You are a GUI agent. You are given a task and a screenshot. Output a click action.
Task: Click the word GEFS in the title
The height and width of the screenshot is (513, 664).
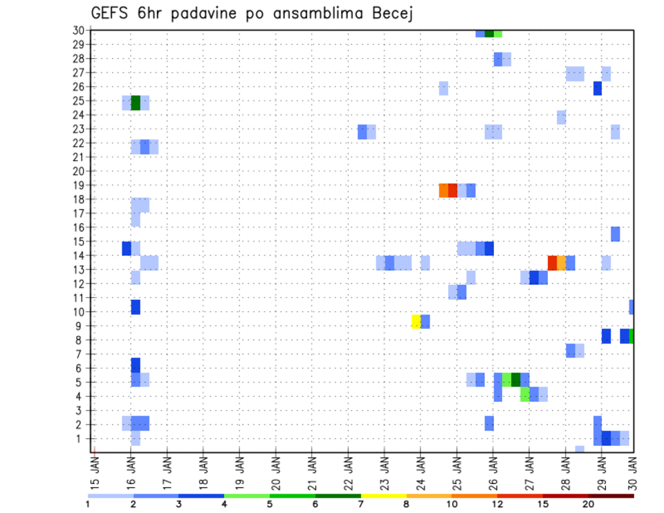point(111,13)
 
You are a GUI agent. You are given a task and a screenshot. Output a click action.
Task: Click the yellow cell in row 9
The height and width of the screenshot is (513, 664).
point(416,321)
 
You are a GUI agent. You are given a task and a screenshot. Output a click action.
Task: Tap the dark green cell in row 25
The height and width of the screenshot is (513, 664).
point(136,103)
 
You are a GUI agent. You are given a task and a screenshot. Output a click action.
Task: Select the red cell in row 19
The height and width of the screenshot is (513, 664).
point(452,190)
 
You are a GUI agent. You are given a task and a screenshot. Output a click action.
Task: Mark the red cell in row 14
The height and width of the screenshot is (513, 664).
point(552,263)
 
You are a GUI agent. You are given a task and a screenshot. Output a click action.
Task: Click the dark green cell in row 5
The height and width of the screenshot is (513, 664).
point(516,380)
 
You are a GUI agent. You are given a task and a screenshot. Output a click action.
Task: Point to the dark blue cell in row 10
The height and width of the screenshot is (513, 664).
point(136,307)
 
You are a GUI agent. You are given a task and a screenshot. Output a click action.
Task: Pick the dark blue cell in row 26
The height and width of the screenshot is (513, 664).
point(598,88)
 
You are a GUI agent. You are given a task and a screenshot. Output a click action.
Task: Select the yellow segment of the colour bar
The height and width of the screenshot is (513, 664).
point(383,496)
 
